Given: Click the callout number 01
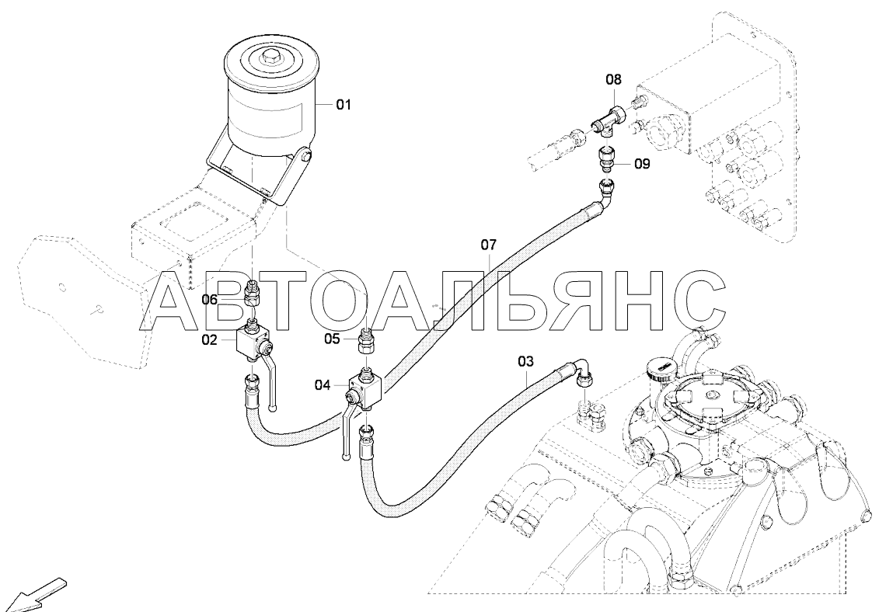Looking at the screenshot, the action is coord(343,104).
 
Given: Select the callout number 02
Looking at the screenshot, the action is coord(209,339).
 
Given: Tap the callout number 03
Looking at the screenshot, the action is coord(526,361).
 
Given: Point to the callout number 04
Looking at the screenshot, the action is coord(323,385).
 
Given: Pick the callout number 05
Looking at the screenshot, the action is coord(332,339).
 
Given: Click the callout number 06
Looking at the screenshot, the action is coord(209,300).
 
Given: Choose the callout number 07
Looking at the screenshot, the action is coord(488,245).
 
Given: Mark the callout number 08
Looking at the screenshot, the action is coord(613,79).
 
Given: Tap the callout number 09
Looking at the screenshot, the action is coord(642,164).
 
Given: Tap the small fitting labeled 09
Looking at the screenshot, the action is coord(606,160).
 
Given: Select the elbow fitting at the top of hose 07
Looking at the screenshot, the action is coord(606,193).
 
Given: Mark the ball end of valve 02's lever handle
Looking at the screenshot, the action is coord(273,408).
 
